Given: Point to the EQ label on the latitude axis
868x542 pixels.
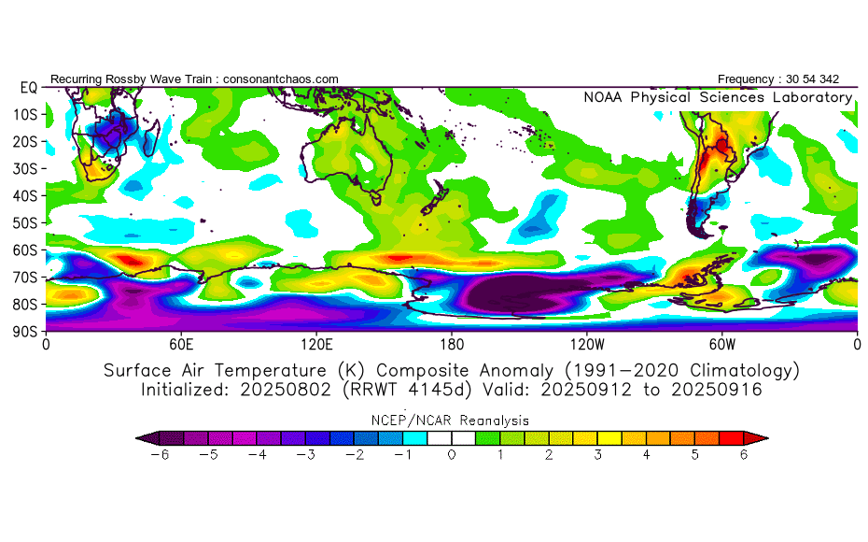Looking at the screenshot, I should point(28,87).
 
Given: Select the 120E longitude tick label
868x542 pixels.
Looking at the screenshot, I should point(316,344).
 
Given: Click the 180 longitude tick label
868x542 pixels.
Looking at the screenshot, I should point(452,344).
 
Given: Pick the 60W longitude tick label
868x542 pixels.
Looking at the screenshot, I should point(722,344).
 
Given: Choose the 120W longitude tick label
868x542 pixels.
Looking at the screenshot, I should point(586,344).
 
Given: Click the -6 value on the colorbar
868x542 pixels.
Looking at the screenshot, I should point(158,455).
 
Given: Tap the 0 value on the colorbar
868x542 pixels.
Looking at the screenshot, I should point(451,455).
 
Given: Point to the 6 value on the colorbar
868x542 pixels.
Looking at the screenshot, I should point(745,455).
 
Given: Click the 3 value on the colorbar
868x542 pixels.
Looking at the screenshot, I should point(598,455).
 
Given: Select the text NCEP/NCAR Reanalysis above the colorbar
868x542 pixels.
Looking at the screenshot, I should point(451,421).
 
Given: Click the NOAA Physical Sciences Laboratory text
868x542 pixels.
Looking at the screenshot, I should point(718,97).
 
